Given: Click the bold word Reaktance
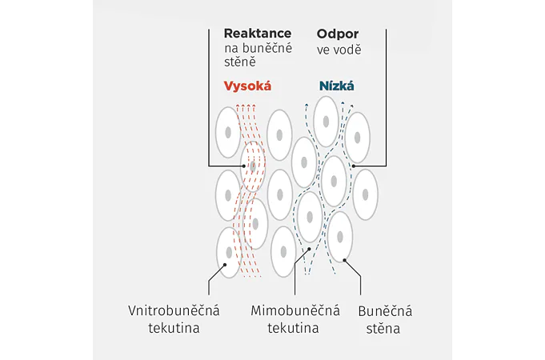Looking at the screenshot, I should tap(258, 34).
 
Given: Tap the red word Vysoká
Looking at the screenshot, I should tap(249, 86).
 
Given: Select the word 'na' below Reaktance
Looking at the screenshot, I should tap(233, 49).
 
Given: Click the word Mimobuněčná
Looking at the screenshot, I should tap(295, 310).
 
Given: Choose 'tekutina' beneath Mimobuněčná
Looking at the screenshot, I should tap(295, 328).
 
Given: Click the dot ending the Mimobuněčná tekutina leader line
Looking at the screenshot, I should tap(307, 249).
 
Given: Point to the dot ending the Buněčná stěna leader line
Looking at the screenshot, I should tap(345, 258).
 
